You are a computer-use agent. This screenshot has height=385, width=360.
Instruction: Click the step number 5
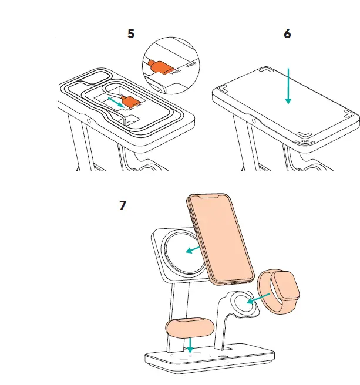click(x=131, y=33)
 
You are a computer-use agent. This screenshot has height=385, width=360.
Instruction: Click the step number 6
click(x=287, y=33)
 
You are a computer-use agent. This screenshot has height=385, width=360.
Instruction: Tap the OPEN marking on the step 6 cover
click(x=305, y=141)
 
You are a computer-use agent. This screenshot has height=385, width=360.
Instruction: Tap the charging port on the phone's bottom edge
click(x=237, y=282)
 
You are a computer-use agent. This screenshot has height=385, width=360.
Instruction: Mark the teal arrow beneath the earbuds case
click(x=190, y=347)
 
